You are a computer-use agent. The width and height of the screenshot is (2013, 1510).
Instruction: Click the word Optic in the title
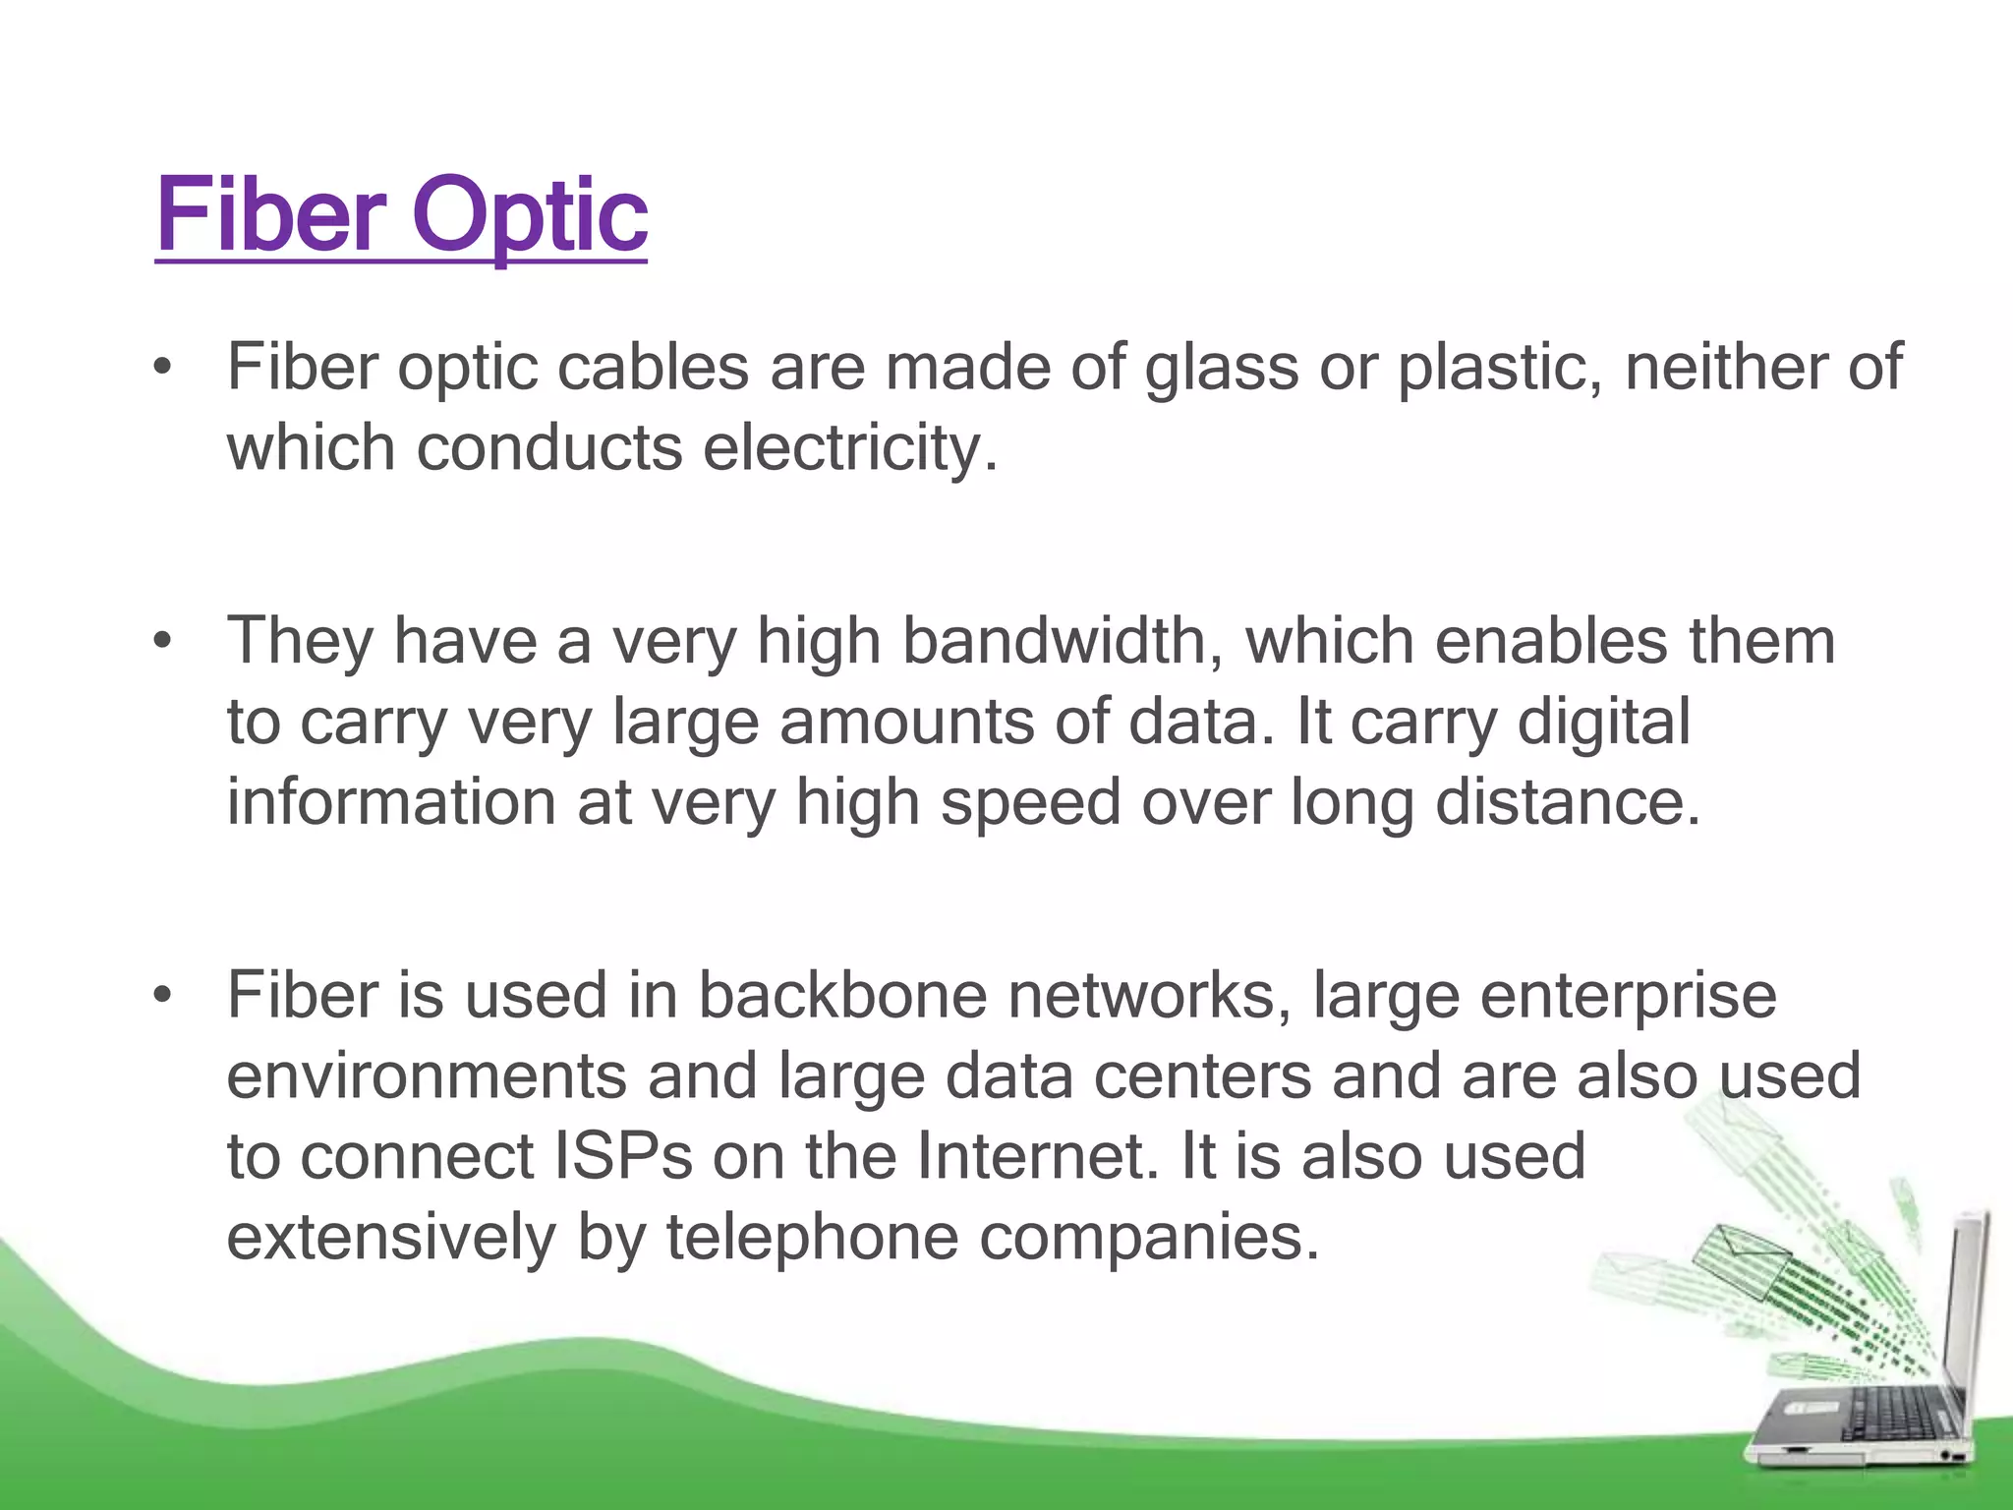point(530,216)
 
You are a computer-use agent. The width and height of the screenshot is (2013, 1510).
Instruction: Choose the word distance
point(1567,802)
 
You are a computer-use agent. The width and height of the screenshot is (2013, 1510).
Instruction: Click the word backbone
point(841,995)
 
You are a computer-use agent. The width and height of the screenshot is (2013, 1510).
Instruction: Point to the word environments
point(426,1075)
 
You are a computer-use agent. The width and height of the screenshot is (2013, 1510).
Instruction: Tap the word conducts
point(548,448)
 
